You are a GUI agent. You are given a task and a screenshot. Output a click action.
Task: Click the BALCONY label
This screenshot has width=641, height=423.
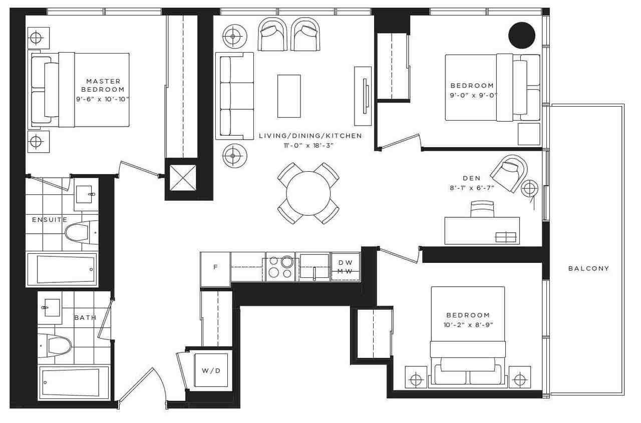(588, 268)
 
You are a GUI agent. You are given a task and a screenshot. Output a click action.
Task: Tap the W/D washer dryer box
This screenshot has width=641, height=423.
(211, 370)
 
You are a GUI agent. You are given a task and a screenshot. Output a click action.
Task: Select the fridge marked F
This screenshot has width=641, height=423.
(215, 267)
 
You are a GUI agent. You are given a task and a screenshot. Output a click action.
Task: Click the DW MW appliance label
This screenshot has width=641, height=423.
(346, 267)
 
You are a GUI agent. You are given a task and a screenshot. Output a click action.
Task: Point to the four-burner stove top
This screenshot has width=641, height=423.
(280, 267)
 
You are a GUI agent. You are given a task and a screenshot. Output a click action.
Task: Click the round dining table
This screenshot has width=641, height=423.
(308, 193)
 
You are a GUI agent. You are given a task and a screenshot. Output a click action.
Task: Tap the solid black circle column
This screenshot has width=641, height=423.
(522, 36)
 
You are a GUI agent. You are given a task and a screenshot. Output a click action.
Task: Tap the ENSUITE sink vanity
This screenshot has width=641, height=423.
(87, 194)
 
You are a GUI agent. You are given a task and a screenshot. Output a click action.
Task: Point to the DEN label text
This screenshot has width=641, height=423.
(472, 178)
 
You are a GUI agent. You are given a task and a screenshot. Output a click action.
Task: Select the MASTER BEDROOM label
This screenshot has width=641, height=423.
(103, 85)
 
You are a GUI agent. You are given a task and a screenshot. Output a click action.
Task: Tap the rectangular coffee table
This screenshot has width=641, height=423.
(289, 96)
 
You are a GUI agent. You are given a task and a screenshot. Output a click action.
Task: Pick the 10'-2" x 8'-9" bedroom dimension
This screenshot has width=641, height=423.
(468, 324)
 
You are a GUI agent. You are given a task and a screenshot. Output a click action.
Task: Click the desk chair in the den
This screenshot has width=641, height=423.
(482, 209)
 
